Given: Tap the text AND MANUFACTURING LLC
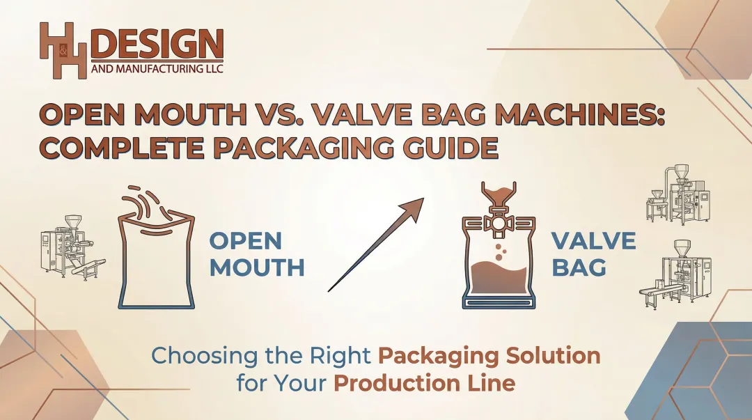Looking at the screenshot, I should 157,70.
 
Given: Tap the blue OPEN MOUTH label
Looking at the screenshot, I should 256,254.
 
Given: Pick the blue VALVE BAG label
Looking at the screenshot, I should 593,254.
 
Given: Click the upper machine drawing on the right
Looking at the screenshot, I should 679,196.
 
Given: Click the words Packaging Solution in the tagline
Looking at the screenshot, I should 489,355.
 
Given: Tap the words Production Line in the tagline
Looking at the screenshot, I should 424,382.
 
